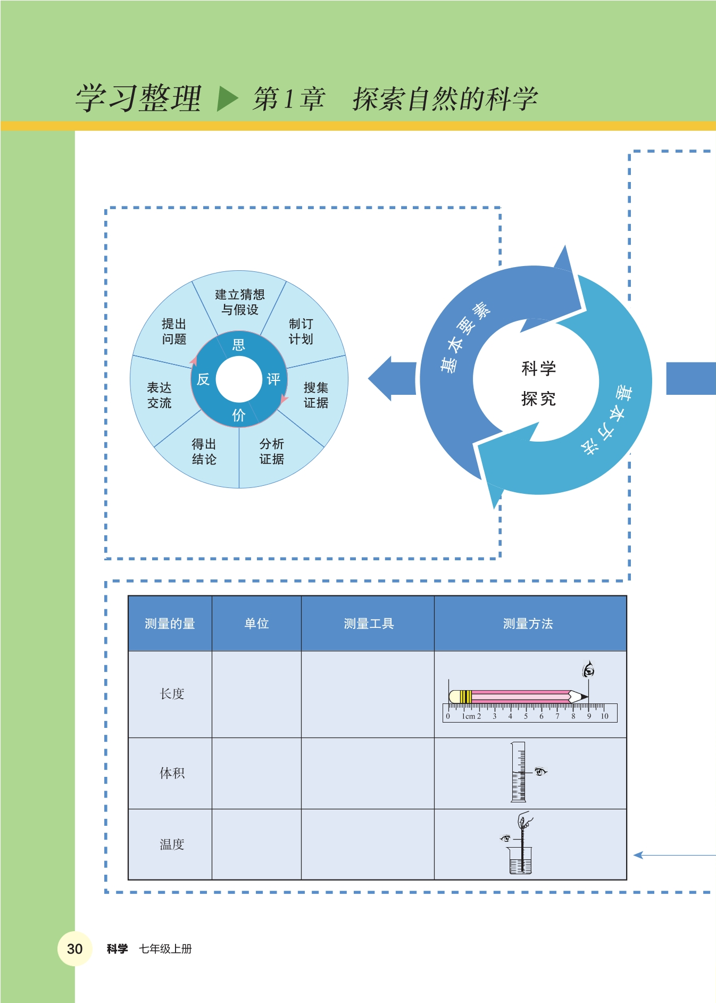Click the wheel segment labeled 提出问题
pyautogui.click(x=174, y=331)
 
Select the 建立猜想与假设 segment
pyautogui.click(x=239, y=302)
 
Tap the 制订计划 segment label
pyautogui.click(x=301, y=331)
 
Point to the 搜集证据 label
pyautogui.click(x=315, y=395)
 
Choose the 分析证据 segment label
pyautogui.click(x=271, y=451)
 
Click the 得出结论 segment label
pyautogui.click(x=204, y=451)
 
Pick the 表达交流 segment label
pyautogui.click(x=159, y=395)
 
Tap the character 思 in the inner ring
pyautogui.click(x=239, y=345)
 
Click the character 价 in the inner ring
pyautogui.click(x=239, y=415)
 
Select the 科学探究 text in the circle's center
pyautogui.click(x=538, y=383)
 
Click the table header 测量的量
pyautogui.click(x=170, y=624)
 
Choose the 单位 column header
pyautogui.click(x=256, y=624)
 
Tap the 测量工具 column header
pyautogui.click(x=368, y=624)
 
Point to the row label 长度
pyautogui.click(x=172, y=694)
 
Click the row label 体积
pyautogui.click(x=172, y=773)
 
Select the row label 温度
pyautogui.click(x=172, y=844)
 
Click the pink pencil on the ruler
pyautogui.click(x=519, y=697)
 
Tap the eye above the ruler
pyautogui.click(x=588, y=670)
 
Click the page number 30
pyautogui.click(x=74, y=949)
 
